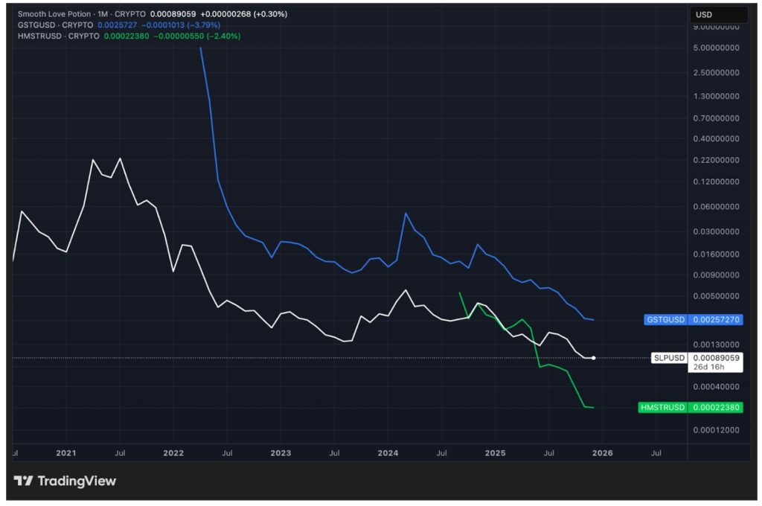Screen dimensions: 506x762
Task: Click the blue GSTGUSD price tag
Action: (693, 319)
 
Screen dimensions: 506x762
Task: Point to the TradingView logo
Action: (65, 481)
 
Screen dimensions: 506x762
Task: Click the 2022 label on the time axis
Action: (173, 452)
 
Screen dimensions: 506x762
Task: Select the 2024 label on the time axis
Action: (388, 452)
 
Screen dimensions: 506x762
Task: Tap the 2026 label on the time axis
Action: (602, 452)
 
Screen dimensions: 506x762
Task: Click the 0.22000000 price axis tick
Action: (715, 161)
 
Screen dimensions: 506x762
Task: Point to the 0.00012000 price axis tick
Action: (715, 430)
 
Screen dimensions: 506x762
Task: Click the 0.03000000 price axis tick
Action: (715, 232)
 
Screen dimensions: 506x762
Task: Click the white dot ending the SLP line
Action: (593, 358)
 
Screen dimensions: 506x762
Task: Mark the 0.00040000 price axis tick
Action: (715, 387)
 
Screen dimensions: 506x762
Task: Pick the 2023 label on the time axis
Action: (281, 452)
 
